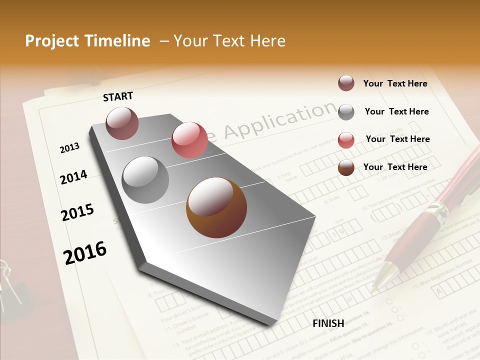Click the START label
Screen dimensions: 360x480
point(118,96)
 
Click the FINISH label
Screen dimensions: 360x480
point(328,323)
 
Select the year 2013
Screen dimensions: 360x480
point(69,148)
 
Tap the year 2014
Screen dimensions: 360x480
point(73,177)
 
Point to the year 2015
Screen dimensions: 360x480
point(77,212)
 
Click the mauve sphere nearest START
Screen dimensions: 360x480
point(122,123)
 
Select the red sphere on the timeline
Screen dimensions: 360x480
point(189,140)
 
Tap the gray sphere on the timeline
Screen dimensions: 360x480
point(145,180)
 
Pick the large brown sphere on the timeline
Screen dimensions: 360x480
point(216,207)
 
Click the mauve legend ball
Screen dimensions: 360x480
point(346,83)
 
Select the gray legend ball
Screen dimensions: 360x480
point(346,111)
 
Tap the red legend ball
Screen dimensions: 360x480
point(346,139)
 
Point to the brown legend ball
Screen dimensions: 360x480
point(346,167)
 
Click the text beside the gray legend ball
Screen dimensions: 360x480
point(396,111)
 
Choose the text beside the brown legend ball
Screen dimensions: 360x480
point(395,167)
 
